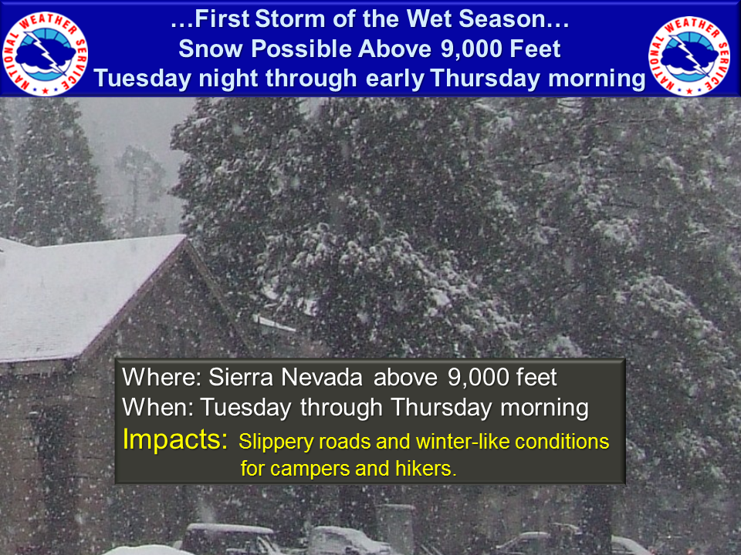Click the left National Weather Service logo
click(x=45, y=53)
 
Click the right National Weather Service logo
click(x=689, y=55)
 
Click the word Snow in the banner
click(x=211, y=49)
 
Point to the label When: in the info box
click(x=157, y=407)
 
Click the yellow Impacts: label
click(x=175, y=439)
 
